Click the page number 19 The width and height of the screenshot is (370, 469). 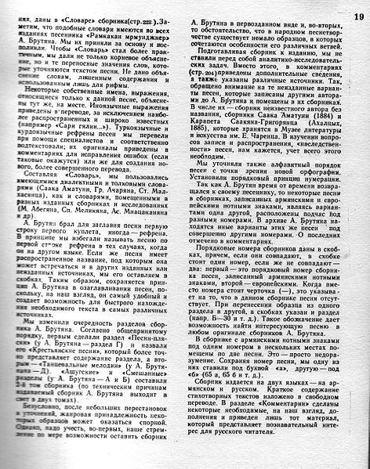356,8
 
